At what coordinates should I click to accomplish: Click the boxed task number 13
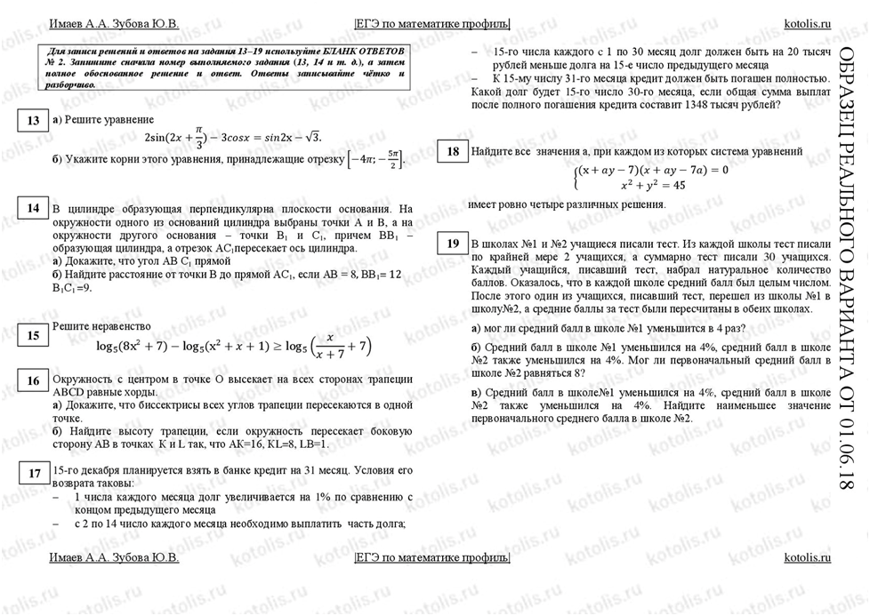33,121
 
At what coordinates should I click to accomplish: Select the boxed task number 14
33,208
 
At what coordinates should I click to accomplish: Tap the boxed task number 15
33,336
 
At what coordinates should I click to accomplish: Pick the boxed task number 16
33,381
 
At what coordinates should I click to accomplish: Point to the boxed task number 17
33,473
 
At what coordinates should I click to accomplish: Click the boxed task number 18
453,152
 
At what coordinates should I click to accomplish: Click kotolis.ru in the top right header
807,22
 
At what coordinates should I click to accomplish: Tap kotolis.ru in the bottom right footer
807,557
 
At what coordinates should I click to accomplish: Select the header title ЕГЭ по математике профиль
432,22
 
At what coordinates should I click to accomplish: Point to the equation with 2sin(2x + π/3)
232,136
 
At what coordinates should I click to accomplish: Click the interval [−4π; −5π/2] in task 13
376,161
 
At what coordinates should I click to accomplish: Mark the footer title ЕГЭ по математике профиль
432,557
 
